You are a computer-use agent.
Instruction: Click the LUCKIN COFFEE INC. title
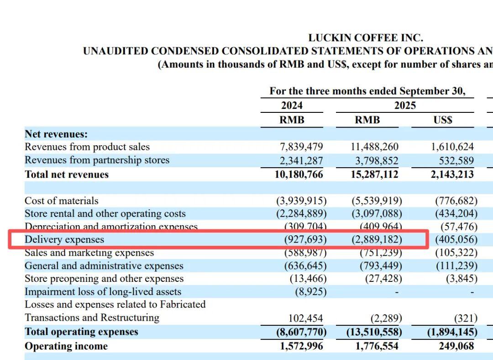[x=365, y=38]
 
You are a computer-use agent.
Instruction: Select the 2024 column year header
[x=292, y=106]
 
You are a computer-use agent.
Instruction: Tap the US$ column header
[x=442, y=120]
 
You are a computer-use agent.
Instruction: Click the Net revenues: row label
[x=56, y=134]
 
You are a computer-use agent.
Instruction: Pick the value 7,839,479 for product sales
[x=301, y=147]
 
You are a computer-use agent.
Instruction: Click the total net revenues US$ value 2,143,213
[x=452, y=175]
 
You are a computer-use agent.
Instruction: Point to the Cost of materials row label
[x=61, y=201]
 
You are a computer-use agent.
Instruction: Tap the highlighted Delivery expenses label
[x=64, y=239]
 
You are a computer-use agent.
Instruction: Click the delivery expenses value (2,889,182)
[x=377, y=239]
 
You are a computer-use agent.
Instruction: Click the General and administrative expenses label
[x=104, y=266]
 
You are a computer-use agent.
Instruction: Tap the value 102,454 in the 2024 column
[x=305, y=318]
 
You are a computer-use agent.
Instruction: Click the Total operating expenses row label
[x=81, y=332]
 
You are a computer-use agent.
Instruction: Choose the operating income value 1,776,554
[x=377, y=346]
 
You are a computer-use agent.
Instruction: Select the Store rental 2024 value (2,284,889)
[x=301, y=214]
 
